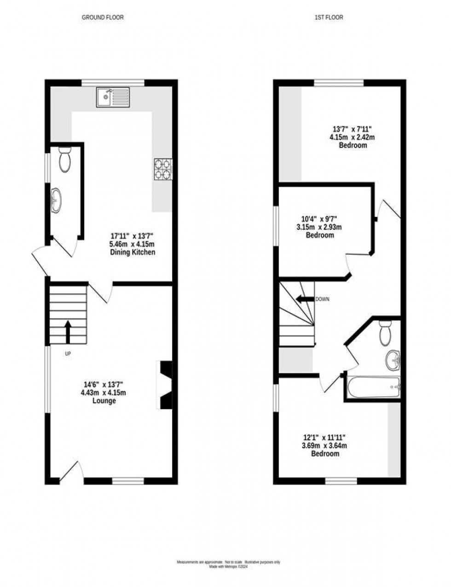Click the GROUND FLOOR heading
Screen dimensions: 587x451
point(103,17)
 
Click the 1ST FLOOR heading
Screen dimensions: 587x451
point(329,17)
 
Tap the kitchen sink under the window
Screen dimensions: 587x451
point(113,97)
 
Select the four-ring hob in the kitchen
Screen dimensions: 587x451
point(163,169)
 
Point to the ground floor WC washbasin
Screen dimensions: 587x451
point(57,201)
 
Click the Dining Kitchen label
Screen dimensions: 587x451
point(132,252)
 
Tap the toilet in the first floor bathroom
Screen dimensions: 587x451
point(385,333)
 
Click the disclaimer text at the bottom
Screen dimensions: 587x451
point(229,564)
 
